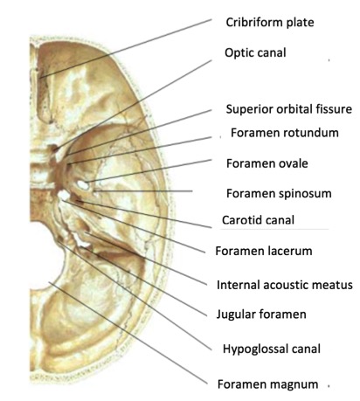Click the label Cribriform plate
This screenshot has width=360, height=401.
[270, 23]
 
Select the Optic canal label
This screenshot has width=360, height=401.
[255, 52]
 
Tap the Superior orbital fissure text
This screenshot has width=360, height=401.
[289, 109]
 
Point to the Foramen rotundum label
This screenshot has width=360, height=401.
[285, 133]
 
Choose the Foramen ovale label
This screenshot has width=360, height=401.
[267, 163]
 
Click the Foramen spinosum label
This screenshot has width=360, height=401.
[279, 193]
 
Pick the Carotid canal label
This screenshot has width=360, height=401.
[258, 220]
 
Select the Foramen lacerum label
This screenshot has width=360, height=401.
[264, 251]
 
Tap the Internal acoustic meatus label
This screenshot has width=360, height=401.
[285, 285]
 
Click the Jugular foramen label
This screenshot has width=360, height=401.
[261, 315]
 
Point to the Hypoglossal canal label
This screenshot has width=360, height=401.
[272, 349]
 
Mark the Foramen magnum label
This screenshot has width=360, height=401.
[267, 384]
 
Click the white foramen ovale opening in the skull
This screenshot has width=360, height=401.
[82, 185]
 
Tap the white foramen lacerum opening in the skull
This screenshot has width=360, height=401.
[64, 195]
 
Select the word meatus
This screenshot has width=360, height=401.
[332, 285]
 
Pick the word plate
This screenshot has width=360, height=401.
[301, 23]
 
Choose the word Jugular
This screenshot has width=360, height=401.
[236, 315]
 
